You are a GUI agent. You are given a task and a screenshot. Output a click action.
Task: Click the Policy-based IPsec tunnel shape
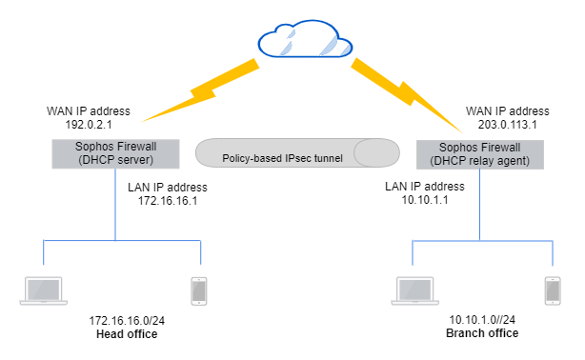click(296, 153)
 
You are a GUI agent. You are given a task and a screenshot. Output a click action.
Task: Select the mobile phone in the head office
click(198, 290)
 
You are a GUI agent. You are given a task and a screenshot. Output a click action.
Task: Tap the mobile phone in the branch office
click(552, 290)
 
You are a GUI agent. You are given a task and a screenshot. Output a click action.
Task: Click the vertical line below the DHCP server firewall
click(116, 205)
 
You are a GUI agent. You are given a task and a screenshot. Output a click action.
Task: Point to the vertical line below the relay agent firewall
click(478, 205)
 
